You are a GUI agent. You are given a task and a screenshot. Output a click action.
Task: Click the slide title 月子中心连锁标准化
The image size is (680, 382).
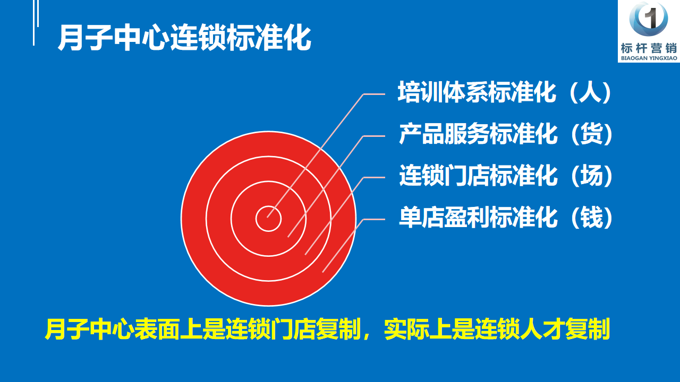184,38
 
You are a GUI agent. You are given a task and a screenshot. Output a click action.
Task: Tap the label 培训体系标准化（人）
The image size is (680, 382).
505,92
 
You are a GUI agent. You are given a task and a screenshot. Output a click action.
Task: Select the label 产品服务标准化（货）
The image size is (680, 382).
506,134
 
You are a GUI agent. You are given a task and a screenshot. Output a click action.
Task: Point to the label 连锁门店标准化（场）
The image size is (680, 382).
506,176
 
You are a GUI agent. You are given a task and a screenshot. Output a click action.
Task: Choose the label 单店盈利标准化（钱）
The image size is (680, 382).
506,218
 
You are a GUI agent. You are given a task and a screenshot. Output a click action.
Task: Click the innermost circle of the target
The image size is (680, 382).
268,219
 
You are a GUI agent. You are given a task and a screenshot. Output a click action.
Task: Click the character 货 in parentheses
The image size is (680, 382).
592,134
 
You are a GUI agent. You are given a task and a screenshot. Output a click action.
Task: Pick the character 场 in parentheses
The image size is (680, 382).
592,176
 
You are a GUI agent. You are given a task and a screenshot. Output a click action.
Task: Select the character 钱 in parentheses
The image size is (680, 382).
592,218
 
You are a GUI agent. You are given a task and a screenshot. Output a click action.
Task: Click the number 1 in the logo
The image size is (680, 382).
650,18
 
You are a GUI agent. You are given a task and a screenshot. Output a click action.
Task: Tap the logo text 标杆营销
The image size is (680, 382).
649,48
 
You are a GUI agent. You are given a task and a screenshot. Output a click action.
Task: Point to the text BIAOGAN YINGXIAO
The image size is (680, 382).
649,58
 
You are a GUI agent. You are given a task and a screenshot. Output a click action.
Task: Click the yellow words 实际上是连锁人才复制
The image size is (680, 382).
497,329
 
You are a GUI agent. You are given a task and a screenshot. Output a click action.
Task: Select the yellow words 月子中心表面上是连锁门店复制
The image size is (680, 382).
202,329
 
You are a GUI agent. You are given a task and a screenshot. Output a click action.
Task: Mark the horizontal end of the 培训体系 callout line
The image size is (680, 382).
385,94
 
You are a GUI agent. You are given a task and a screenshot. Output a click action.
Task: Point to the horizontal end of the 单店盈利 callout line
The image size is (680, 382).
385,219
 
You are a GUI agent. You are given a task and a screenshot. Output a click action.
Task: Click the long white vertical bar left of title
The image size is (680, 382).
33,23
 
